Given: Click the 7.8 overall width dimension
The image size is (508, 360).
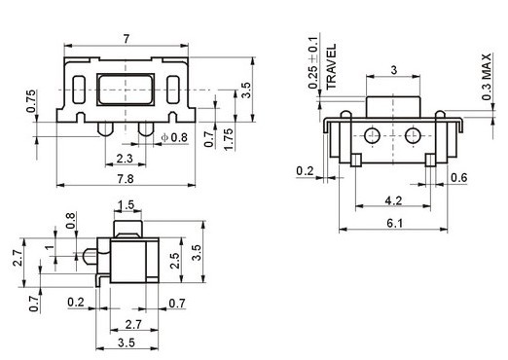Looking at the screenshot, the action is (x=126, y=179).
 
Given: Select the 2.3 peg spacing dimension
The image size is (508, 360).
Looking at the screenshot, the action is (x=125, y=159).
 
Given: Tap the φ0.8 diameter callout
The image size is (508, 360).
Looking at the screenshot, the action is (x=174, y=137).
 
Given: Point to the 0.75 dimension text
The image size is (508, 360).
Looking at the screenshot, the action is (x=31, y=101).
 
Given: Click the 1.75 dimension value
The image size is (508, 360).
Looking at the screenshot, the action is (x=229, y=139).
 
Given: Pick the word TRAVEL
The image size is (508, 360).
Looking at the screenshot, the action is (x=331, y=67).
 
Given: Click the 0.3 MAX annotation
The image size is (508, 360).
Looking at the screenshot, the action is (x=487, y=77).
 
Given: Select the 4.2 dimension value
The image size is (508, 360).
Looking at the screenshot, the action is (x=393, y=201).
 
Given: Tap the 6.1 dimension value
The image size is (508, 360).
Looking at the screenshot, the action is (x=395, y=223).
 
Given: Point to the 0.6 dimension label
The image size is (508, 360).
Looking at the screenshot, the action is (x=459, y=177).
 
